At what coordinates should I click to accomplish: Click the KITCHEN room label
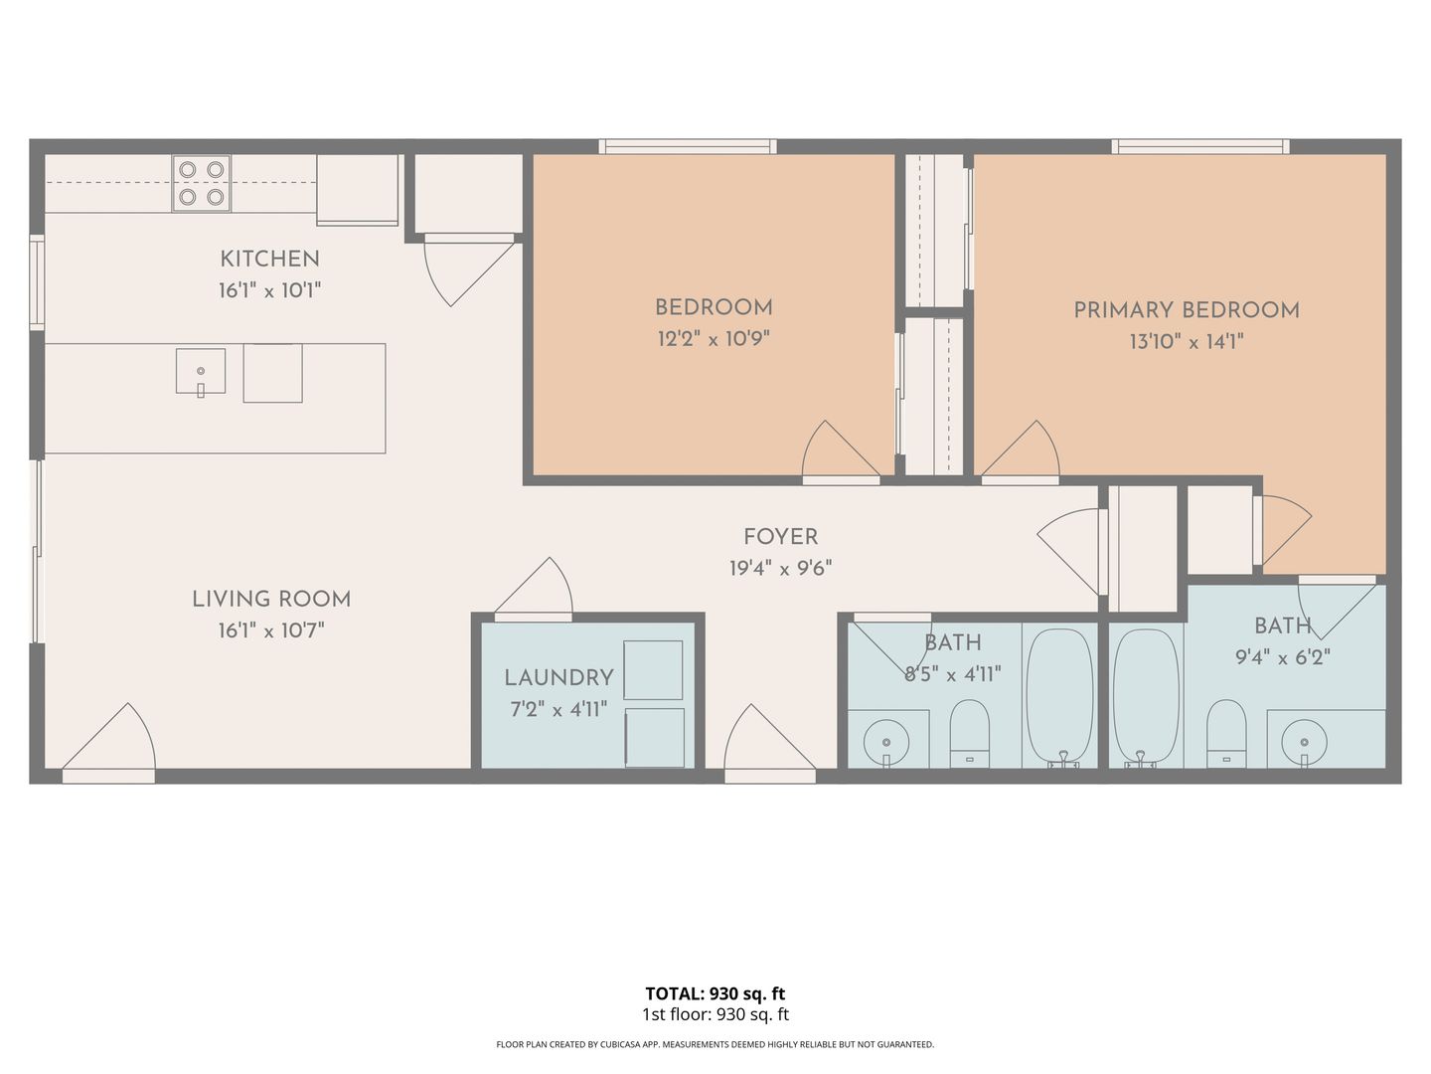(x=270, y=259)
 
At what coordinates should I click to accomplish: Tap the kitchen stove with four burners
(x=202, y=183)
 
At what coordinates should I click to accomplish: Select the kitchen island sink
(x=201, y=372)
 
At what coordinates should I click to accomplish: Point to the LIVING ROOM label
(x=271, y=600)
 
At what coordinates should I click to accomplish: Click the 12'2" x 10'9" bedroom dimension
(x=714, y=339)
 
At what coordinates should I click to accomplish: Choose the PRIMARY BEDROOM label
(x=1187, y=310)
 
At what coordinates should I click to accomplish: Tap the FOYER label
(x=780, y=537)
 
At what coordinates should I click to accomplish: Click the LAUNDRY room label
(x=558, y=678)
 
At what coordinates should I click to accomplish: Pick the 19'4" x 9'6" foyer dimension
(x=780, y=569)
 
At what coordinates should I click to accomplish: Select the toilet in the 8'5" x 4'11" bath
(x=969, y=734)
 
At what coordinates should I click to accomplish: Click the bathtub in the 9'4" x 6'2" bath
(x=1146, y=696)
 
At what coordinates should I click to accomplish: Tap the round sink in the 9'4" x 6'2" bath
(x=1304, y=742)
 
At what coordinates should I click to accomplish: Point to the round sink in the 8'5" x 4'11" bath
(x=886, y=742)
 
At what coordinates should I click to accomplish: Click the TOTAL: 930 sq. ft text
(x=715, y=993)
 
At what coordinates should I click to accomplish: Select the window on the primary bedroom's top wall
(x=1200, y=146)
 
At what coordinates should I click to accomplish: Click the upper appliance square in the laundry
(x=653, y=669)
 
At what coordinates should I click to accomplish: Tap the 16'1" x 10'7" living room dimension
(x=271, y=630)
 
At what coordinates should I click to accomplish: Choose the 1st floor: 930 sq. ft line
(x=715, y=1014)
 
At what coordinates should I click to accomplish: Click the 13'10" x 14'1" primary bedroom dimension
(x=1187, y=342)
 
